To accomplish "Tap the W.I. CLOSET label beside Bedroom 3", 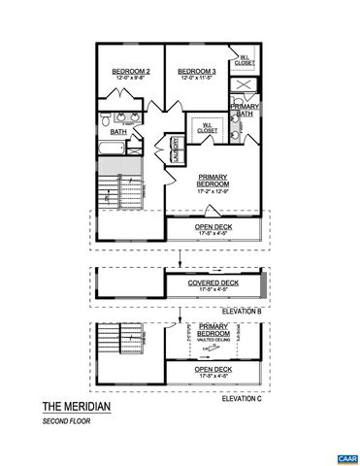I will [245, 60].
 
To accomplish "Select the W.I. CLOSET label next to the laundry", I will [208, 126].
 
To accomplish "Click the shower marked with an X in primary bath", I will [245, 84].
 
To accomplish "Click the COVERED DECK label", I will [213, 284].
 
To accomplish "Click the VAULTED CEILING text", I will [214, 339].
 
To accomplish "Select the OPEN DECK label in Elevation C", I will [213, 371].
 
